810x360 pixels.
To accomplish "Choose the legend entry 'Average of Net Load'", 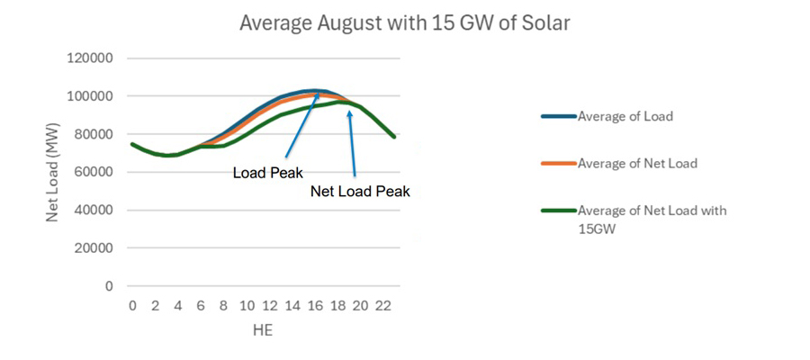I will pos(636,163).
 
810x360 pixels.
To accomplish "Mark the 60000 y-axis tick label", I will pos(94,172).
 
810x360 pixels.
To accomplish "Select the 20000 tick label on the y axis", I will pos(94,248).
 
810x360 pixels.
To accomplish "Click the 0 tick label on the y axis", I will pos(109,286).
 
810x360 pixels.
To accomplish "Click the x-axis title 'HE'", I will pos(262,330).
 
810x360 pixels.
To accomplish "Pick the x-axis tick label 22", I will pos(383,306).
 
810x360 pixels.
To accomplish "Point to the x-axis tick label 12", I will pos(269,306).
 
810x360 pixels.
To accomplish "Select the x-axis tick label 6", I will pos(201,306).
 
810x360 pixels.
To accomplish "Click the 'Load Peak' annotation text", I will pos(267,173).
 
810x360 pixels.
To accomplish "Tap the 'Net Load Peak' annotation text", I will pos(360,192).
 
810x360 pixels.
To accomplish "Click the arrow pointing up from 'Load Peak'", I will pos(302,127).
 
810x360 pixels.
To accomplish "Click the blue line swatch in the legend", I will pos(557,116).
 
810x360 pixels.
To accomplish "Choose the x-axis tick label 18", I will pos(337,306).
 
